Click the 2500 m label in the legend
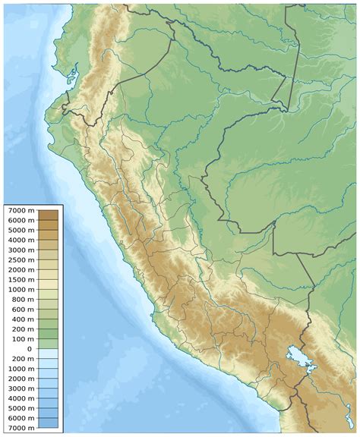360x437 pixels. click(21, 259)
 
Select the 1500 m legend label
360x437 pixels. click(21, 279)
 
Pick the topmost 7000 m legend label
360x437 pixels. click(21, 209)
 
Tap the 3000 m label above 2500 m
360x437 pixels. click(21, 250)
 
